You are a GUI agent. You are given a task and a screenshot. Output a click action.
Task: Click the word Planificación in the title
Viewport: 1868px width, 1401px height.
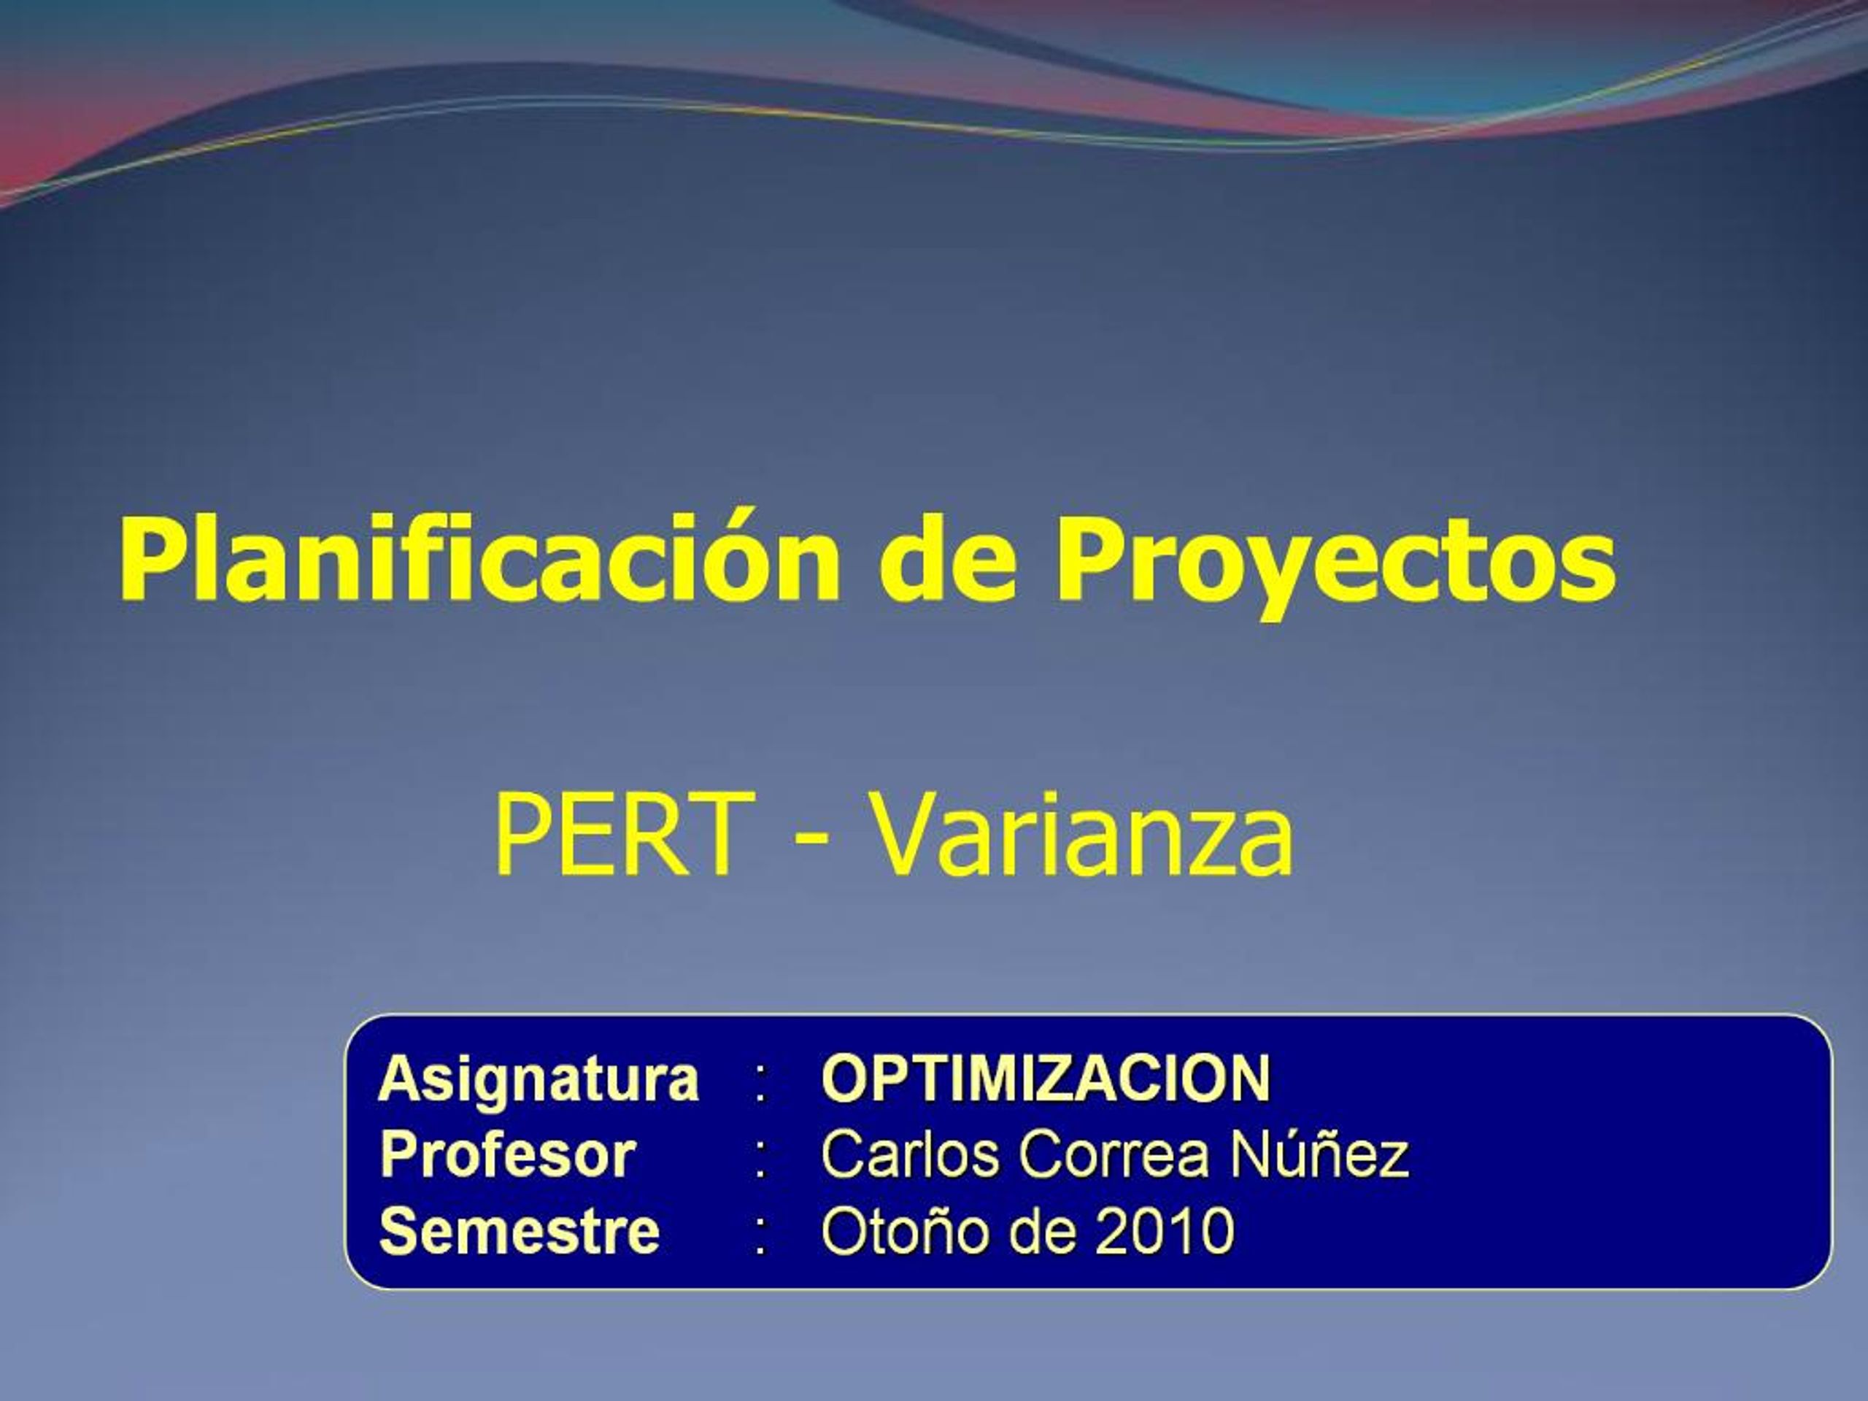coord(478,560)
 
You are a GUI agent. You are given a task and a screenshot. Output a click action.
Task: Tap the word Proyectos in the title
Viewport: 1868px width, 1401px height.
coord(1335,560)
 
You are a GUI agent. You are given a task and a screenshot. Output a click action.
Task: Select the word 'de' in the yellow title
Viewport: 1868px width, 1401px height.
coord(946,560)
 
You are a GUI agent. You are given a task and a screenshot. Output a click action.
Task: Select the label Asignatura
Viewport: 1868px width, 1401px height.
coord(539,1079)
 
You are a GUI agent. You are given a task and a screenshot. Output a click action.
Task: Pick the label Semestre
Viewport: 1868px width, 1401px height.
coord(520,1230)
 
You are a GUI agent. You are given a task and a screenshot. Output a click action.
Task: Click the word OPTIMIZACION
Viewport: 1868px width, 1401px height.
coord(1046,1079)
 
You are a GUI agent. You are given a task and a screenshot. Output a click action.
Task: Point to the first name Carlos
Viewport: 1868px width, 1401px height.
coord(911,1154)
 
